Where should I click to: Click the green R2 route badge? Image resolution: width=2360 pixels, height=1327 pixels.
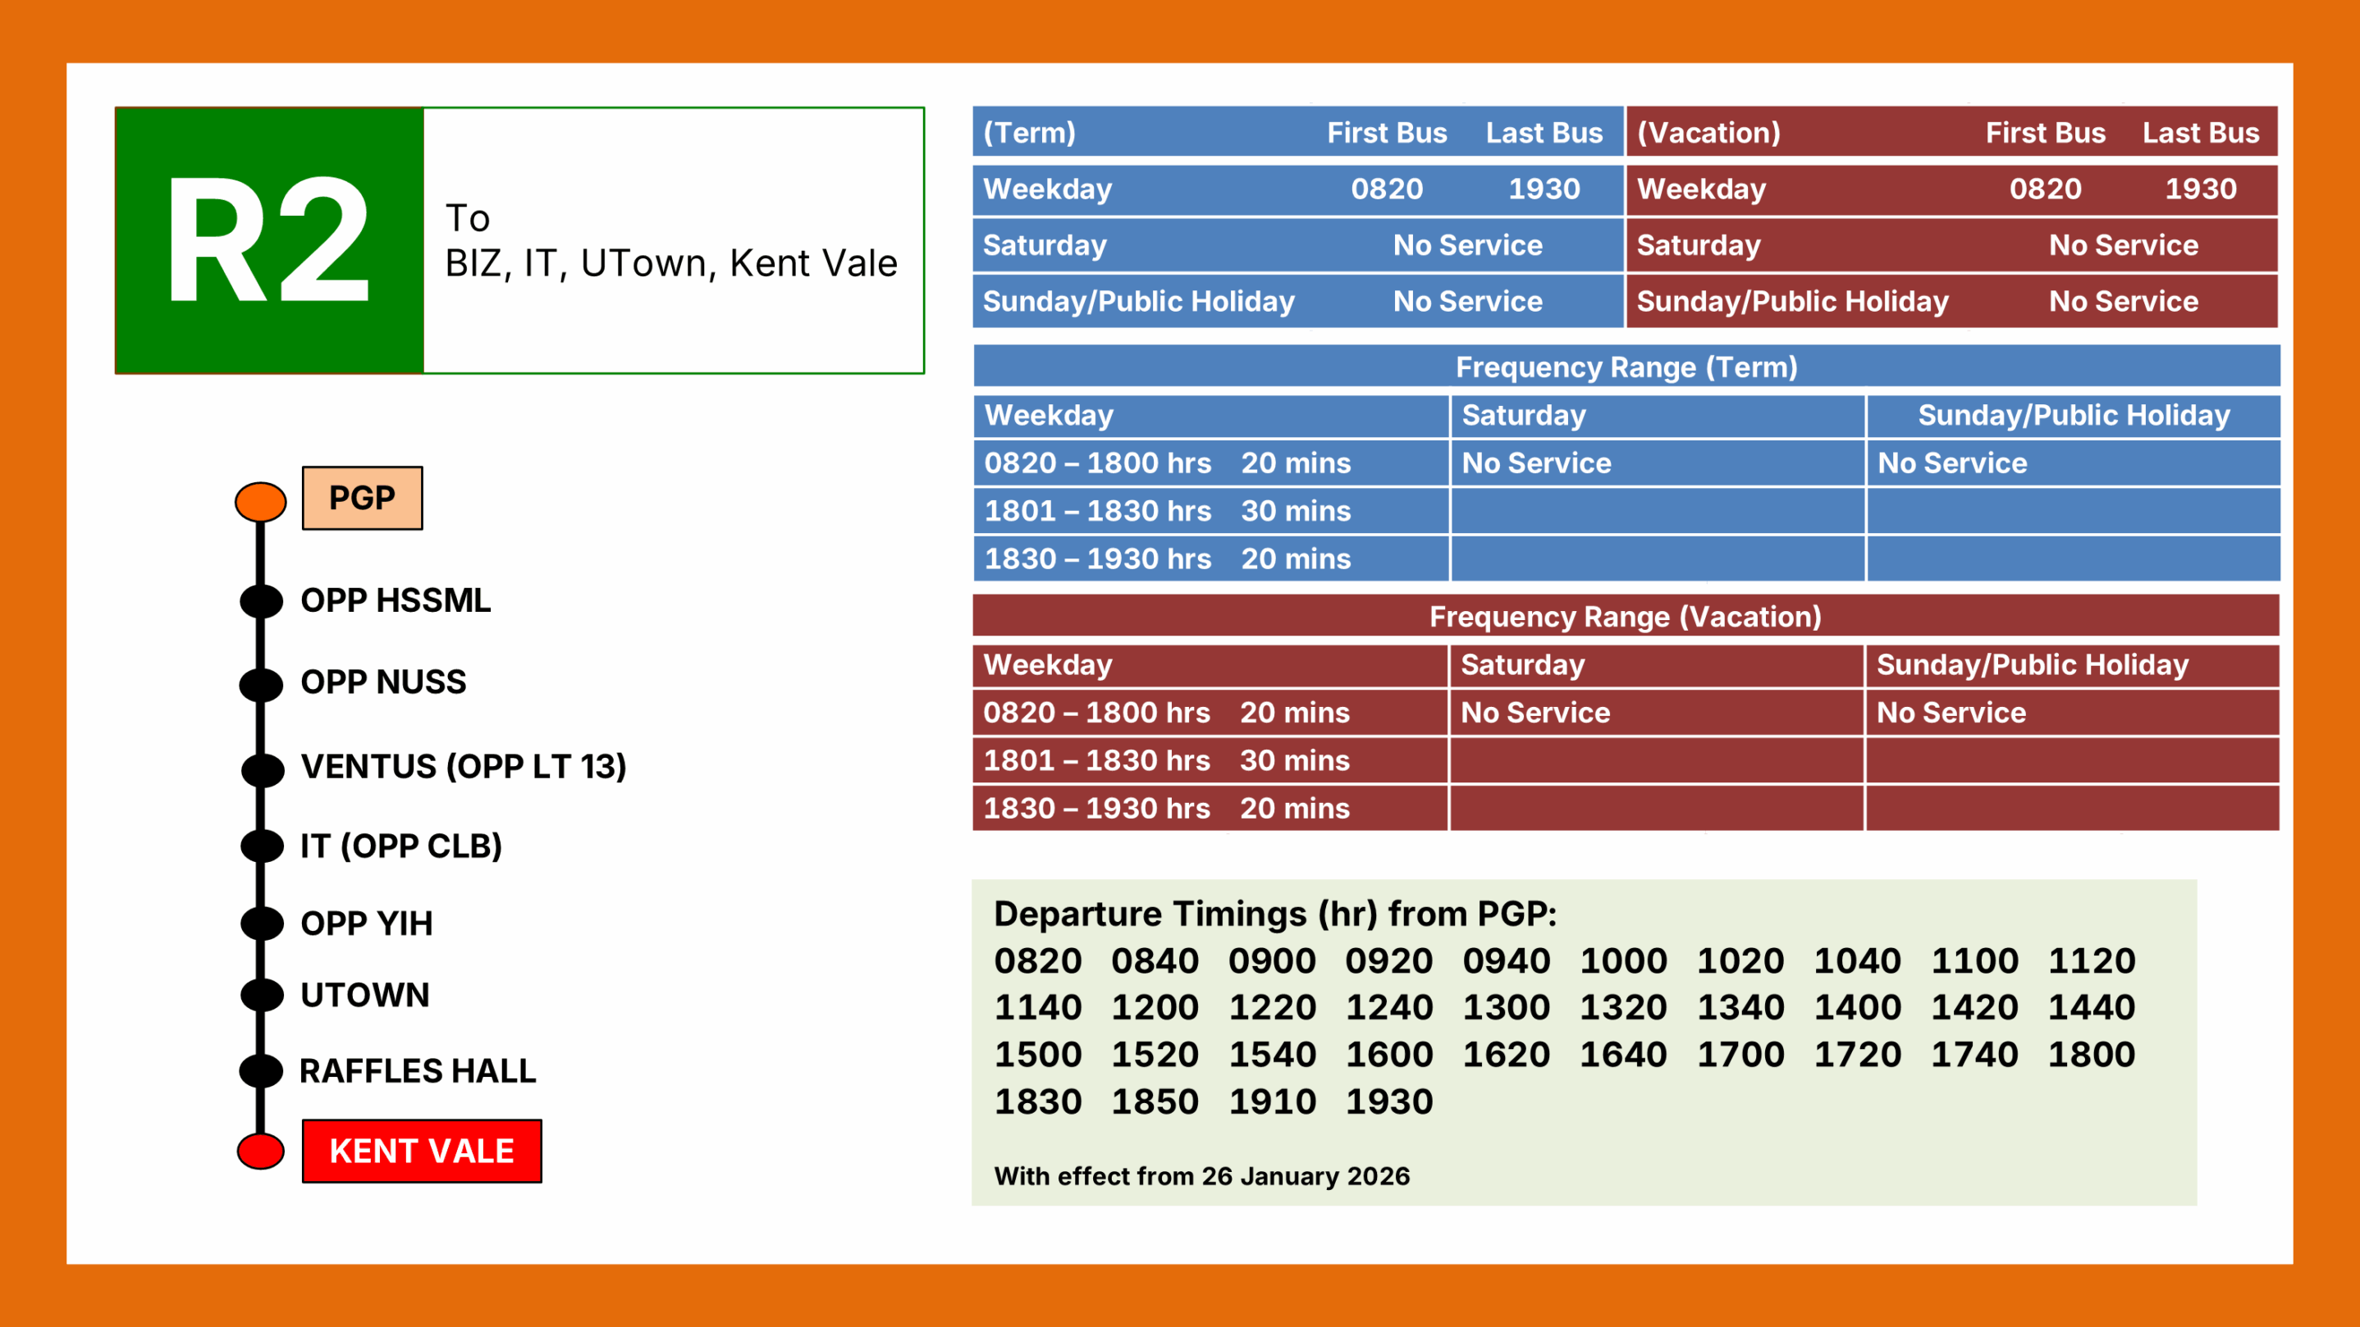coord(269,240)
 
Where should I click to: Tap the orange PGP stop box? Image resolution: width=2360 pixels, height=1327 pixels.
coord(363,498)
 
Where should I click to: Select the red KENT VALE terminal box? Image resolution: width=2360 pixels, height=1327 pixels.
coord(422,1151)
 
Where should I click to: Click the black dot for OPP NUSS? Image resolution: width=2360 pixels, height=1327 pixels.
coord(261,683)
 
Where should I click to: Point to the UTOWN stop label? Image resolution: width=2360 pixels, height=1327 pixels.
coord(364,996)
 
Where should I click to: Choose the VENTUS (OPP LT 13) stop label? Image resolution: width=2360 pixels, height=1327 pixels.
coord(464,767)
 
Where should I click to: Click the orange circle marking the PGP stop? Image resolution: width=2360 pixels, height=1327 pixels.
coord(261,502)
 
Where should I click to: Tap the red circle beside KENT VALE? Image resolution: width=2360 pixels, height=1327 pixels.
coord(261,1151)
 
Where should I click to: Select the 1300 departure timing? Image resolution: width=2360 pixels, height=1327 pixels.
coord(1506,1007)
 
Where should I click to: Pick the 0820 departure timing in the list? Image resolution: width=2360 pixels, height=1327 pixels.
coord(1038,960)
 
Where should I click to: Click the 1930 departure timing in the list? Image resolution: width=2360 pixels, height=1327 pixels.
coord(1389,1101)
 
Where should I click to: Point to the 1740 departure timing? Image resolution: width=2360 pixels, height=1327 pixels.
coord(1974,1055)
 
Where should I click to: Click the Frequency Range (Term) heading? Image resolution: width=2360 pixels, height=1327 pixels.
coord(1626,367)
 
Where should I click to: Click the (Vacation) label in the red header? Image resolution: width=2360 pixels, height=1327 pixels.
coord(1708,133)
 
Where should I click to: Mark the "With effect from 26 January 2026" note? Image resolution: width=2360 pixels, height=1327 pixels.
coord(1202,1176)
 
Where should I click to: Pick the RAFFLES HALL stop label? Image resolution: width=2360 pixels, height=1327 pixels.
coord(418,1071)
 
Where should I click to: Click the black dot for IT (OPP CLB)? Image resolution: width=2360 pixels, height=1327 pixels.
coord(262,846)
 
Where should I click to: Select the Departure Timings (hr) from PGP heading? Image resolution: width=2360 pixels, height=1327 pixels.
coord(1275,914)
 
